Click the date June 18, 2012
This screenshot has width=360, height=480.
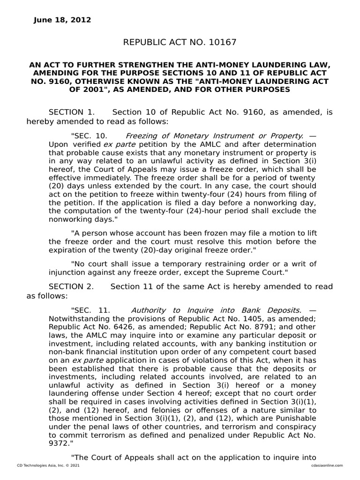point(62,20)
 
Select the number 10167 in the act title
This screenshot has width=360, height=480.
point(221,43)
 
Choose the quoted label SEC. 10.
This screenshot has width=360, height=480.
point(89,135)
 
